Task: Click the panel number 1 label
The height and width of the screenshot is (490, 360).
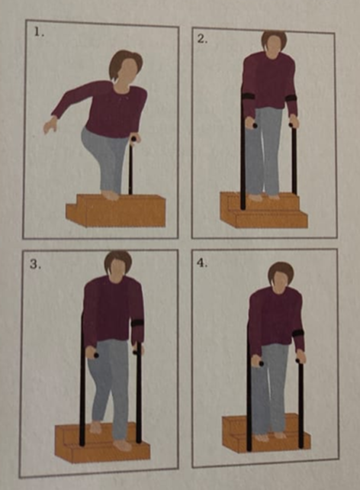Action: [x=39, y=32]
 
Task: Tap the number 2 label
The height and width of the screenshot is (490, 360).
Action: [x=202, y=38]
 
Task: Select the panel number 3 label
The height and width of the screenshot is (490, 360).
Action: [x=35, y=264]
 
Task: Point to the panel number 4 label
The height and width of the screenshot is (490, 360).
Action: [x=202, y=263]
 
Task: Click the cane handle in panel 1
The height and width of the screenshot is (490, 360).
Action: [x=134, y=140]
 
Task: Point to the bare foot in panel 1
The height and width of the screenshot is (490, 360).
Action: [x=111, y=195]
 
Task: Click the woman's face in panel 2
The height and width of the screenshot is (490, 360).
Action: [x=274, y=47]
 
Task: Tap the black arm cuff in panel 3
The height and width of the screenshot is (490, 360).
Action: [x=137, y=324]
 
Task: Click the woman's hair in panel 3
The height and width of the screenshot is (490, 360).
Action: [x=117, y=260]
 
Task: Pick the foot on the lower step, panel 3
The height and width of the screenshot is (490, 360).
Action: [x=123, y=445]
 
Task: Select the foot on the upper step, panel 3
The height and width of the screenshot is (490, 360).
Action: [x=96, y=428]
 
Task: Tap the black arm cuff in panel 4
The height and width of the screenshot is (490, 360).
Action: [x=298, y=333]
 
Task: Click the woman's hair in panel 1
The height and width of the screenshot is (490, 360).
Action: [x=124, y=61]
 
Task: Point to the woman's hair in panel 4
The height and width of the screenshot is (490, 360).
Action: [x=281, y=271]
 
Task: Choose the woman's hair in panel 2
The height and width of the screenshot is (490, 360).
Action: [x=274, y=37]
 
